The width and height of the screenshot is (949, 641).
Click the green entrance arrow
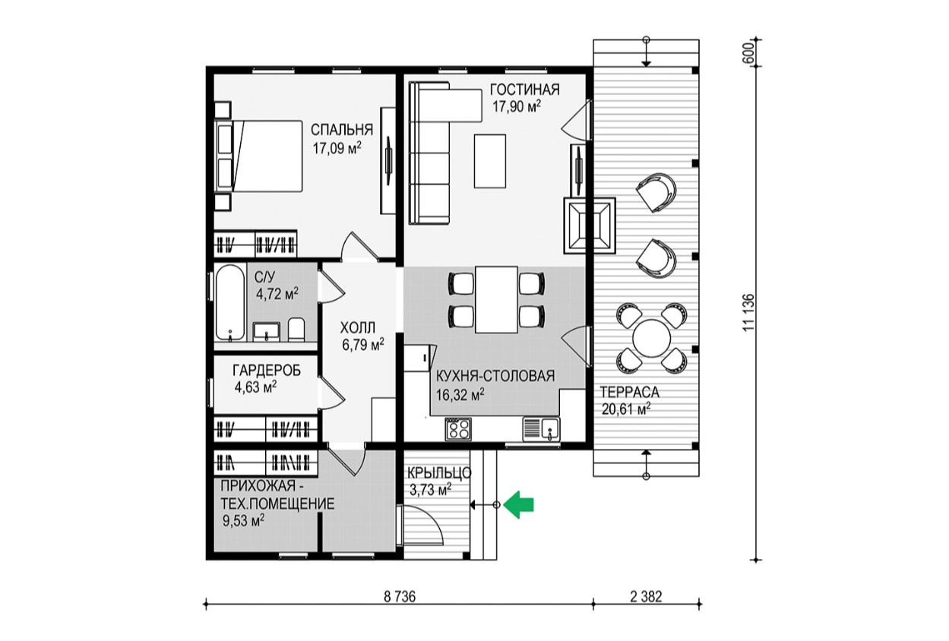520,504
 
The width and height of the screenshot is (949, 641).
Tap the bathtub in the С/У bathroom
230,302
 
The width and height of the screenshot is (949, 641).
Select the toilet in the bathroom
296,330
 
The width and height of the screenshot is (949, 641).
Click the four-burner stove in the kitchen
458,429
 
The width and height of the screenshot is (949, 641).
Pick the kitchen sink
541,428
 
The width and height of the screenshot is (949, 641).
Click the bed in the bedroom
258,156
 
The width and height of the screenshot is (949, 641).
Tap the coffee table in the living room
490,161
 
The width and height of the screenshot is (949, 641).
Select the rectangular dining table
496,299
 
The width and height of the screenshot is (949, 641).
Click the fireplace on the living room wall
590,226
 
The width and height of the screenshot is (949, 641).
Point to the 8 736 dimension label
400,597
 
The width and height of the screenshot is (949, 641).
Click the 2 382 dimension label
646,597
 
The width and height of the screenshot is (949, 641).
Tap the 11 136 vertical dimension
749,312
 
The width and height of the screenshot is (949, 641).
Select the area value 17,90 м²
517,106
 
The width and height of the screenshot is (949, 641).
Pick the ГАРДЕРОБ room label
267,371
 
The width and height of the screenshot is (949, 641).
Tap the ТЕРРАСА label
630,393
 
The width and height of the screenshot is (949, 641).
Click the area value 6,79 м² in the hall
363,344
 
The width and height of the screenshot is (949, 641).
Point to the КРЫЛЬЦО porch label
439,473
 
